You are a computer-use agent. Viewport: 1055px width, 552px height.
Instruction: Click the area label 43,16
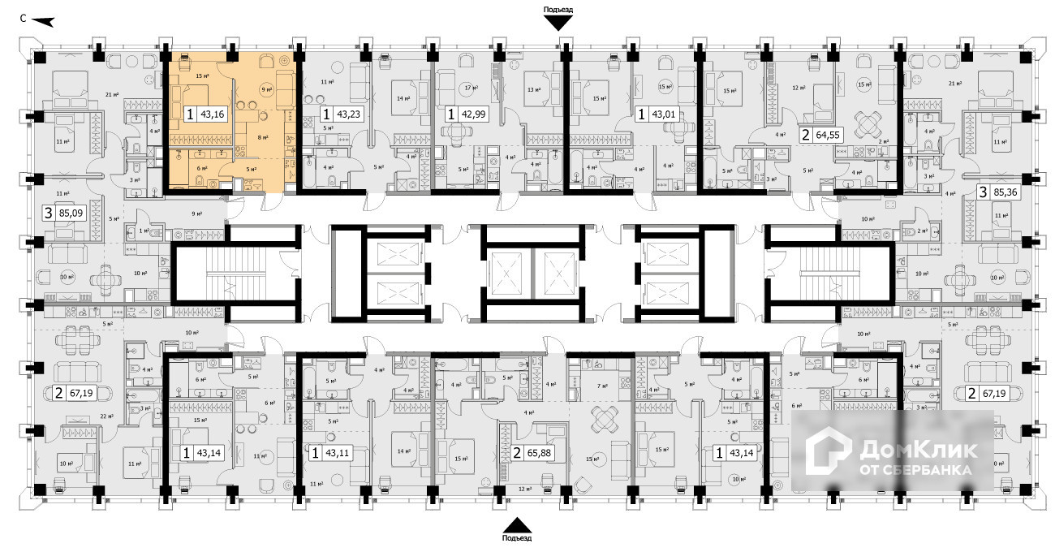[213, 114]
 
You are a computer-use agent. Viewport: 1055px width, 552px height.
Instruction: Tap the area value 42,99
[474, 114]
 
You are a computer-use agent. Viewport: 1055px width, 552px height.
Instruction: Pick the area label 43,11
[338, 453]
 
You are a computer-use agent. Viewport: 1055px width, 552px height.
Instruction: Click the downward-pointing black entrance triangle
[558, 23]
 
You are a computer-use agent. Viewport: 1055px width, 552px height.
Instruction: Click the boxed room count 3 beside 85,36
[983, 193]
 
